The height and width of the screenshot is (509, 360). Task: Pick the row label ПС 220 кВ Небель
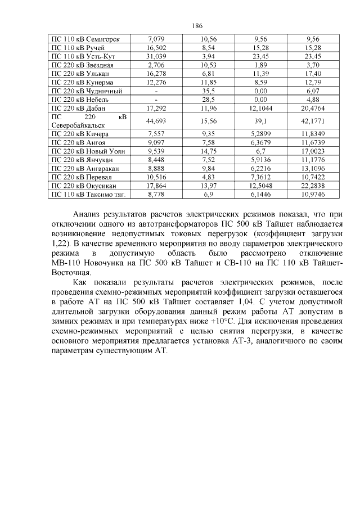[x=79, y=98]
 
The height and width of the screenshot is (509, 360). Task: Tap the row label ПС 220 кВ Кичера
[x=80, y=134]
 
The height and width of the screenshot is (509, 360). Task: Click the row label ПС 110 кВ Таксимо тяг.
[x=87, y=193]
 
